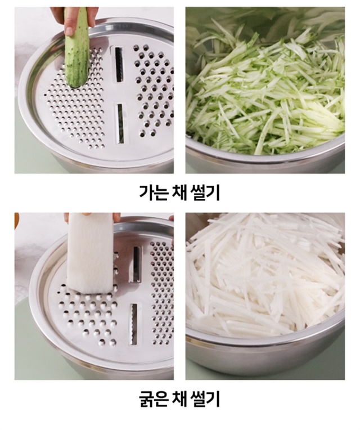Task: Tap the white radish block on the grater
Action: tap(91, 252)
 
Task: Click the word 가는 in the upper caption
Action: tap(153, 192)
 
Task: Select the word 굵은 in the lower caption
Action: tap(153, 399)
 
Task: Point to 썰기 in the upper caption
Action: tap(205, 192)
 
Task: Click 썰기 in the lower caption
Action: tap(205, 399)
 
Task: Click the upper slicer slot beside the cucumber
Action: tap(119, 65)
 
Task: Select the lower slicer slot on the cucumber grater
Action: tap(120, 123)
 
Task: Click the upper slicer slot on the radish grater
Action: tap(137, 265)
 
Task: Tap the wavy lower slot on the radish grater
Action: tap(134, 324)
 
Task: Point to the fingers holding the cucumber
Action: tap(70, 19)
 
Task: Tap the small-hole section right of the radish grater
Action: tap(162, 293)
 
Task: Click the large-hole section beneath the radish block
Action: tap(88, 315)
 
